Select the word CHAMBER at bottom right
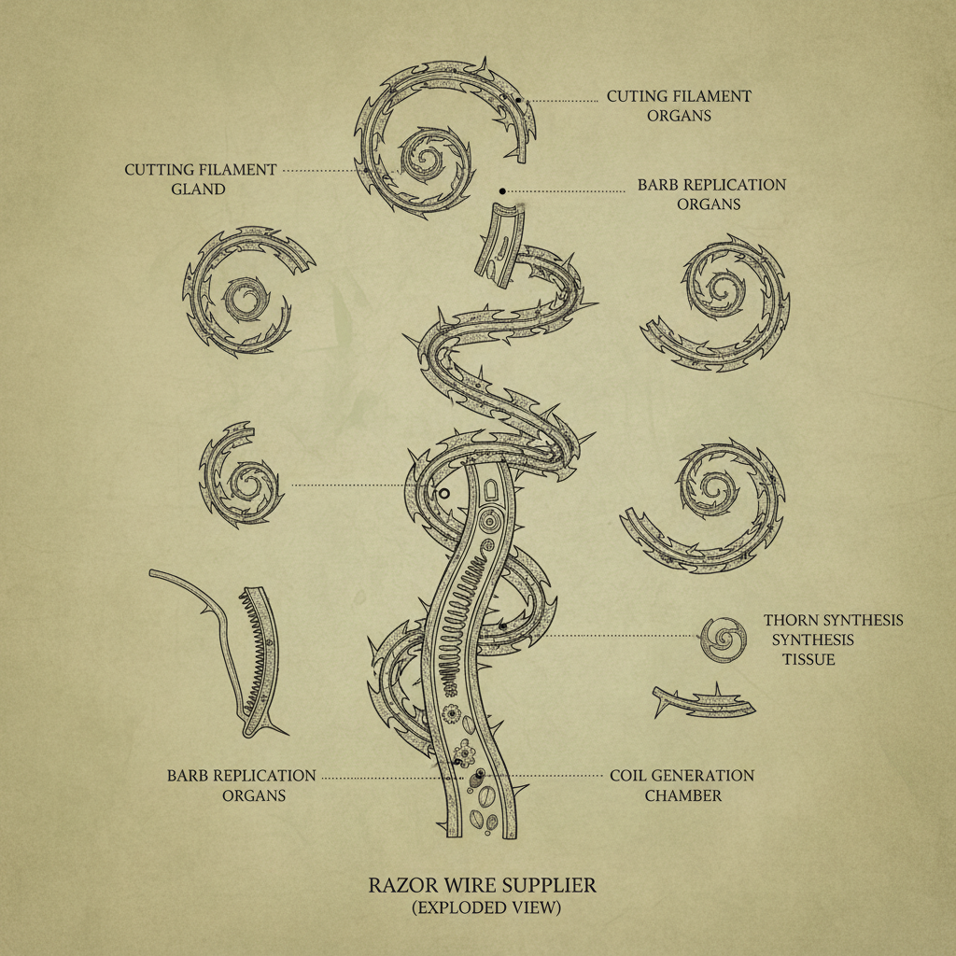(682, 795)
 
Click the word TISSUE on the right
(808, 660)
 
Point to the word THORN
(791, 621)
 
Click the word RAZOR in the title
(396, 885)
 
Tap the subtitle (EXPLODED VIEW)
(485, 907)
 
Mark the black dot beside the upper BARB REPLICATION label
(502, 191)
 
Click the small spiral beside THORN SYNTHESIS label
(724, 640)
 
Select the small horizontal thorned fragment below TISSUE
(704, 701)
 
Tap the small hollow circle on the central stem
(443, 493)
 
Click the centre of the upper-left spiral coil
(246, 300)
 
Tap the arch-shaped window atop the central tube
(491, 489)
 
